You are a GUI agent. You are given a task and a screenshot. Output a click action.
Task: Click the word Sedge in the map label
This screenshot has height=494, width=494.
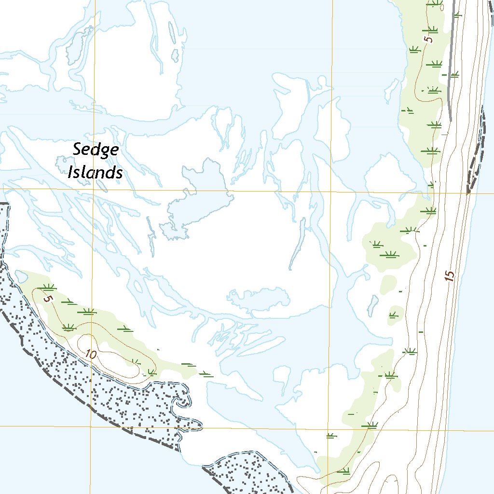click(x=96, y=150)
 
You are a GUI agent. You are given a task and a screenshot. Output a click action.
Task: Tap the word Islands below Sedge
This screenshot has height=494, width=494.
click(x=95, y=172)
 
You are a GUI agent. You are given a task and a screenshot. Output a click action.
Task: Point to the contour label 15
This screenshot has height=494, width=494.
click(x=450, y=276)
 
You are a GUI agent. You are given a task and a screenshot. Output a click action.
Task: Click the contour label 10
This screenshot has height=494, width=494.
click(x=90, y=354)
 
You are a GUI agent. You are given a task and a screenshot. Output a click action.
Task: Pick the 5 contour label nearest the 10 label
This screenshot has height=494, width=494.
click(x=47, y=299)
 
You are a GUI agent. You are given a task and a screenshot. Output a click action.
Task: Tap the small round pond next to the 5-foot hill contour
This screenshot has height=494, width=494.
click(x=21, y=276)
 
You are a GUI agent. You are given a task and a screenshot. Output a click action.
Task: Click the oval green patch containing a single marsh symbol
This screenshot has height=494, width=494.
click(x=396, y=314)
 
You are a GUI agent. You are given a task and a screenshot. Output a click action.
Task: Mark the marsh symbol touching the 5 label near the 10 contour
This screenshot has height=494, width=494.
click(x=47, y=288)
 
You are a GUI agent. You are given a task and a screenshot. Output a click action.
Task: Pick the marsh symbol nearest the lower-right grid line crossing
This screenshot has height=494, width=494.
click(x=331, y=436)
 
